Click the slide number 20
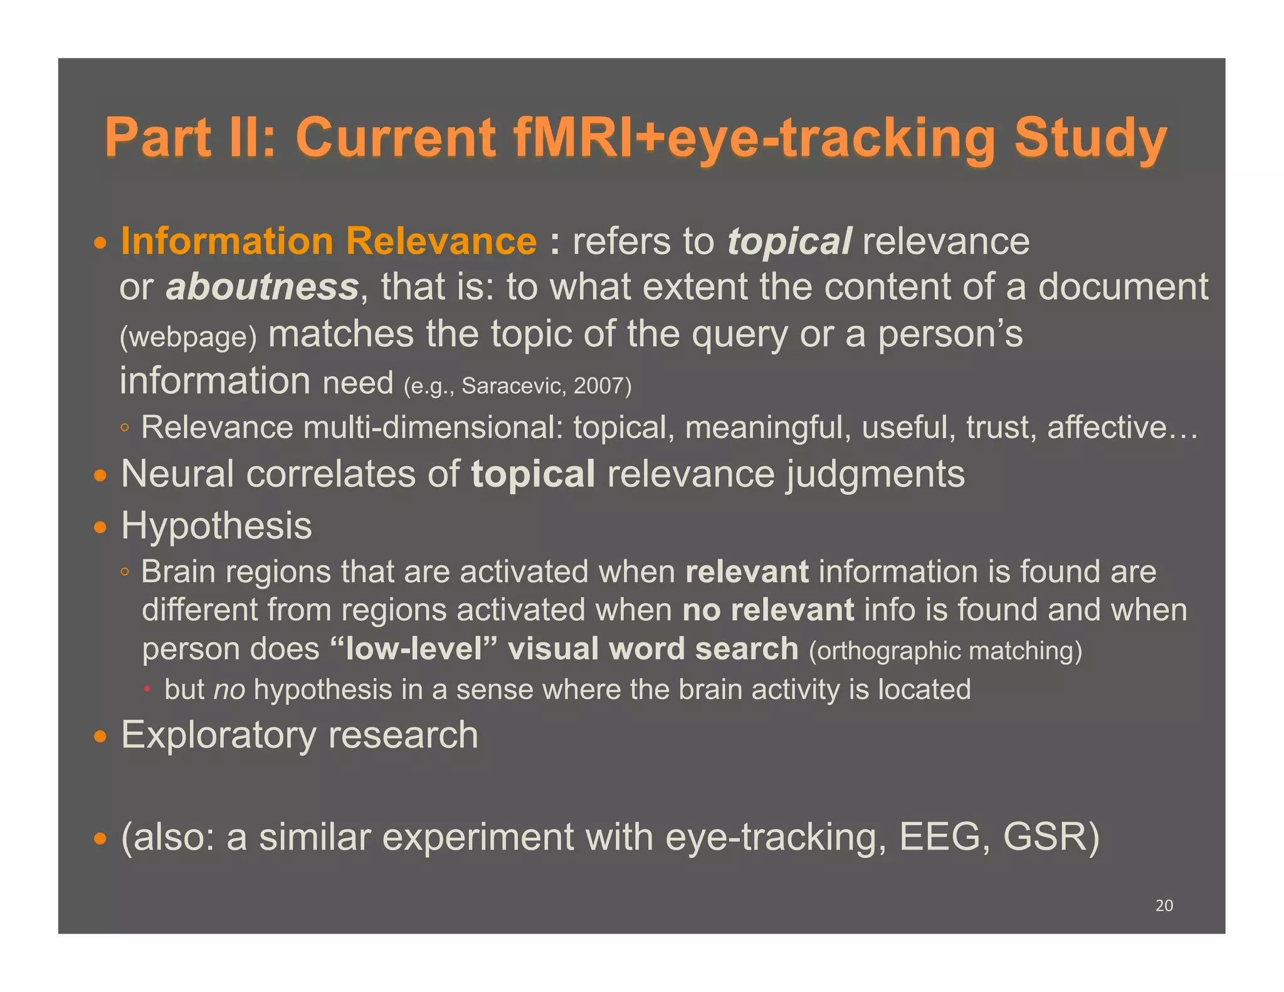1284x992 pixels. click(1164, 905)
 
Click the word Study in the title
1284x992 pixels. click(1090, 137)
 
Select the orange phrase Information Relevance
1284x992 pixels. click(329, 241)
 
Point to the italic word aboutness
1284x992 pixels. click(262, 287)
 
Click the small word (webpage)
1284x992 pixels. click(188, 337)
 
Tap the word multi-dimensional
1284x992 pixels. click(433, 428)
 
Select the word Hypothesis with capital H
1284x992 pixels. click(216, 525)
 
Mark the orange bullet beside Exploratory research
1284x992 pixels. click(100, 736)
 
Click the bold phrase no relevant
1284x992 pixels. click(768, 610)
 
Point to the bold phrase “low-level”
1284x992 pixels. click(414, 649)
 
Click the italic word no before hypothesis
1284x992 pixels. click(229, 690)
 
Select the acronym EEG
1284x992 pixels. click(939, 838)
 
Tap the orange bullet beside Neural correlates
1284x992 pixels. click(100, 475)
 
